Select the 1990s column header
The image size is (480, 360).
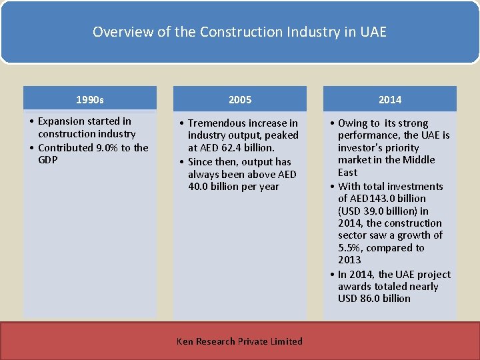click(90, 100)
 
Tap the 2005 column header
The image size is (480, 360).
click(240, 100)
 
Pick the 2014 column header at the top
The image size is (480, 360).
click(390, 100)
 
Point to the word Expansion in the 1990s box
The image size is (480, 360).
click(61, 121)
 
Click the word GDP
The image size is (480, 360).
click(49, 160)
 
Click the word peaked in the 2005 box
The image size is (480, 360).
click(283, 135)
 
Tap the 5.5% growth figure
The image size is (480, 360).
click(349, 248)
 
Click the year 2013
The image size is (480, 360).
click(349, 260)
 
